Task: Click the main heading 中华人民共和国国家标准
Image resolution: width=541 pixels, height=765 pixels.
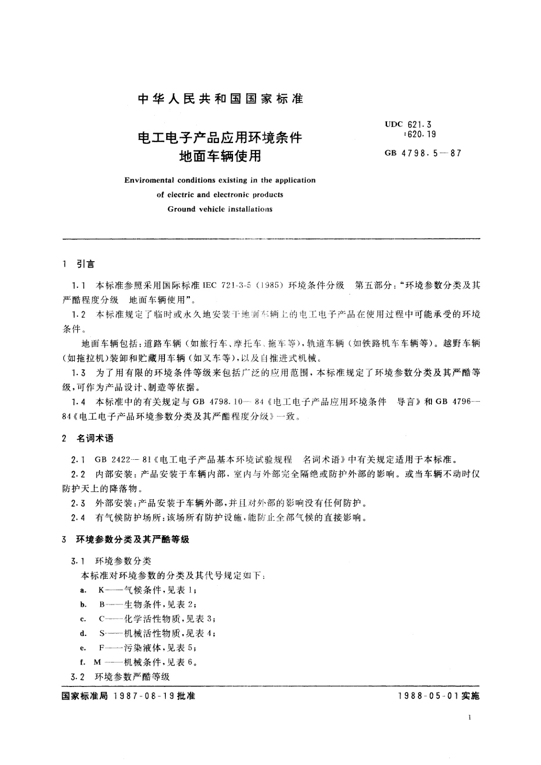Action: (220, 99)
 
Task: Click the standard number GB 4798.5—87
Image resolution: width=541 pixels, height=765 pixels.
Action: (423, 153)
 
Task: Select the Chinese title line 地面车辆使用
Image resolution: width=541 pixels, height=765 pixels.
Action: (220, 156)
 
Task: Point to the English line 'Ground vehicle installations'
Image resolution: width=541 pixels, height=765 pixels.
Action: (220, 209)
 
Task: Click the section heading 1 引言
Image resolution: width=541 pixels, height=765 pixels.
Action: (79, 264)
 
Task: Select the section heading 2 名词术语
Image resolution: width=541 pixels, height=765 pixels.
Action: (88, 438)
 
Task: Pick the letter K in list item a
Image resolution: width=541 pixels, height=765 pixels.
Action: (101, 590)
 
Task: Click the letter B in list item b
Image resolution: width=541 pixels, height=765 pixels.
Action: (102, 605)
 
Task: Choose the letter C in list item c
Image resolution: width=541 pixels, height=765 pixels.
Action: (102, 619)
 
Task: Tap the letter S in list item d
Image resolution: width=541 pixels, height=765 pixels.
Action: (102, 633)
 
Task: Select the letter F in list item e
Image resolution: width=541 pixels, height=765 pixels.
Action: (102, 648)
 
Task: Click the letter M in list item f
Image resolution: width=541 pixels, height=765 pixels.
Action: (97, 662)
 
